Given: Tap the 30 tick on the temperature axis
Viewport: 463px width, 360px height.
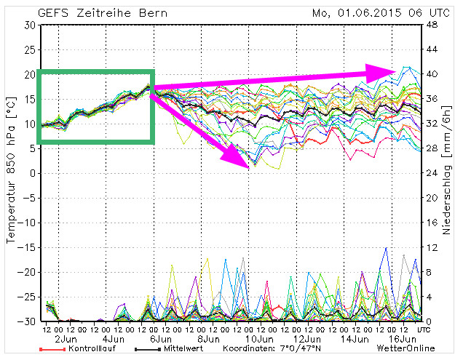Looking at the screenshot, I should [30, 25].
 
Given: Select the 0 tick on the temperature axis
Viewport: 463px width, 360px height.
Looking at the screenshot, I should [33, 173].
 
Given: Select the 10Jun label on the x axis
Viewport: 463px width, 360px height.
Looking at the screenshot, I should [258, 338].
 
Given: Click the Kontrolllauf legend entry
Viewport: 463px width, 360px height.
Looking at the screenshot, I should [91, 348].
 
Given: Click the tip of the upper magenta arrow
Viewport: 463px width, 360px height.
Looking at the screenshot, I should [397, 71].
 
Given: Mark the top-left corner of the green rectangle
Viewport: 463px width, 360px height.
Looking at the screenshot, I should [38, 71].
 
